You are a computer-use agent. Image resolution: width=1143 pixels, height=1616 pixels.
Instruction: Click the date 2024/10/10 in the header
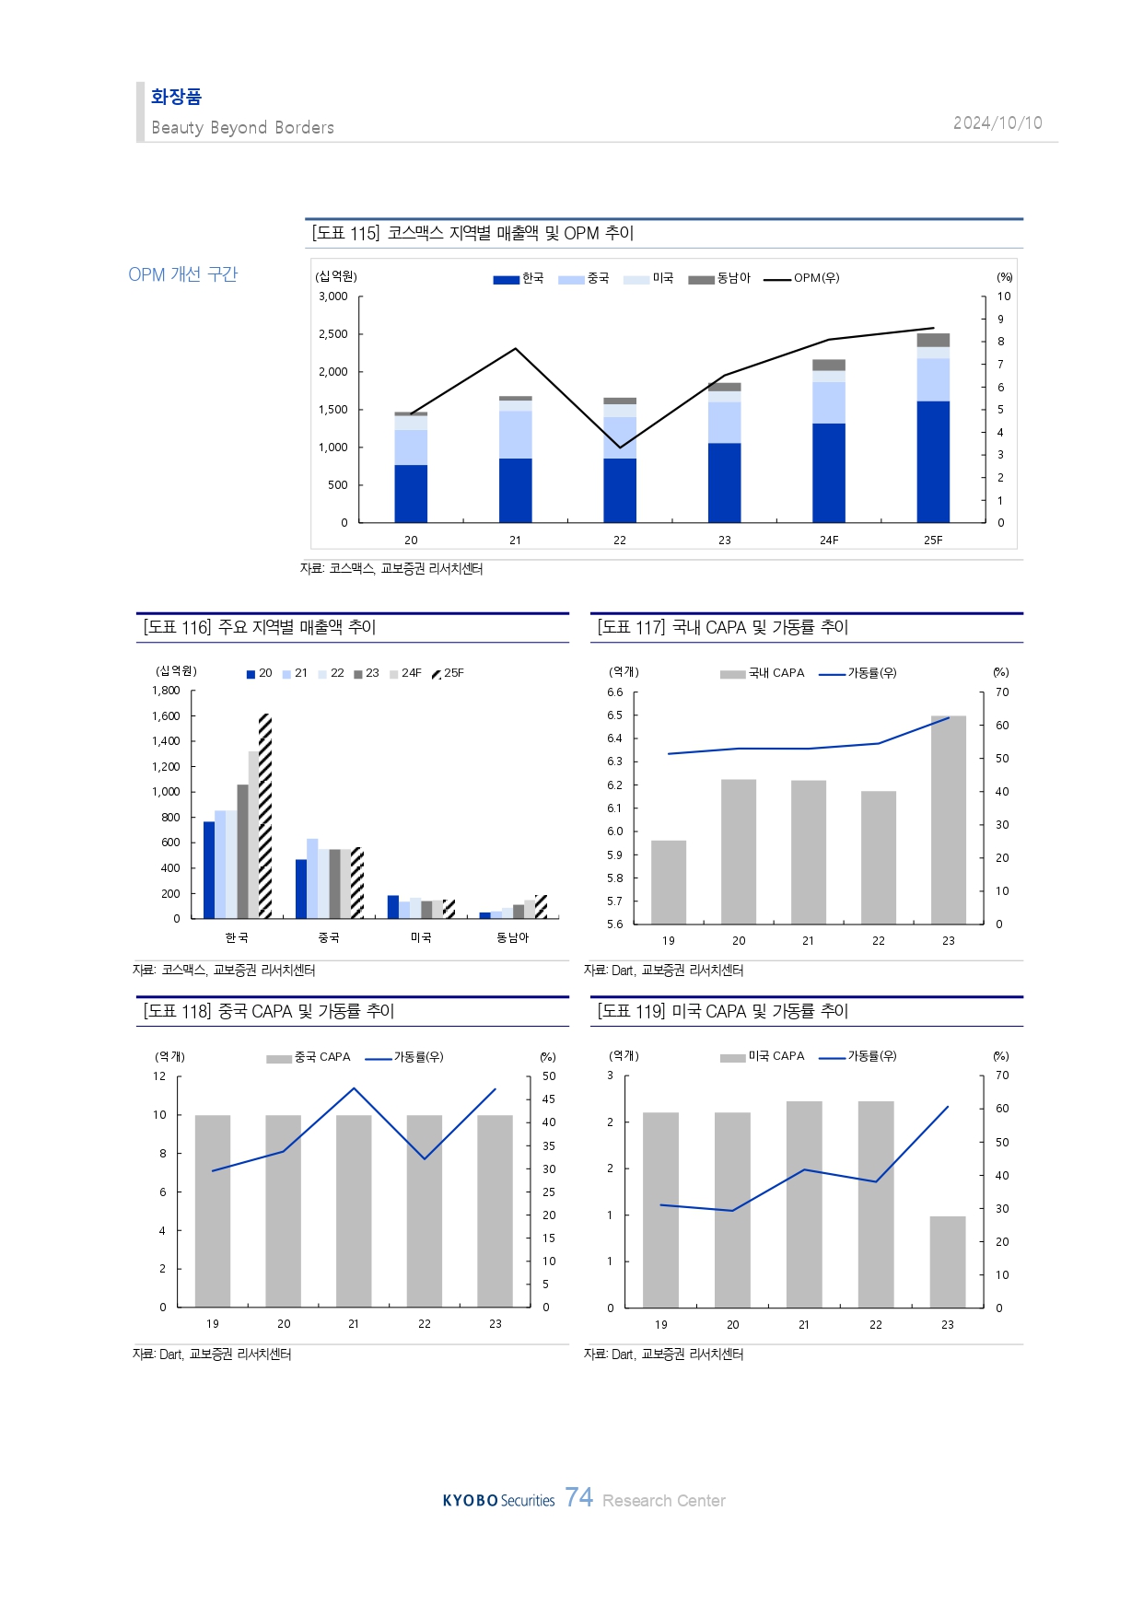(x=997, y=123)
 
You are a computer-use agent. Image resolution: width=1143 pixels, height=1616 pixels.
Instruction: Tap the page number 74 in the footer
(x=579, y=1497)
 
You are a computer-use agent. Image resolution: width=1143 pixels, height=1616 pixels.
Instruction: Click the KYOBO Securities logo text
(x=498, y=1501)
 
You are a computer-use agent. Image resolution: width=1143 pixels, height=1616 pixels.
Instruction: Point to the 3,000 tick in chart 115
(x=333, y=296)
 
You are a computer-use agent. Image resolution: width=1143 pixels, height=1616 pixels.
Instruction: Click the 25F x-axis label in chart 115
(x=933, y=541)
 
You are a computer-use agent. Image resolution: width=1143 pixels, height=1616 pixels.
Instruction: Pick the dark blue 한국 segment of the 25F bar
(x=933, y=460)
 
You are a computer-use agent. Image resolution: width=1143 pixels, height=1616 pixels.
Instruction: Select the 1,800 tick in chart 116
(x=166, y=691)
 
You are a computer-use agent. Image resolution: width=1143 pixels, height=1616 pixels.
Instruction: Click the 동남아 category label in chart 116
(x=513, y=937)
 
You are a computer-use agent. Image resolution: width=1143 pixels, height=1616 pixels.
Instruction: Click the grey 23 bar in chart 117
(x=949, y=820)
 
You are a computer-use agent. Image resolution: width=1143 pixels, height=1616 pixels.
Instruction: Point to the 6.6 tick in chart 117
(x=614, y=692)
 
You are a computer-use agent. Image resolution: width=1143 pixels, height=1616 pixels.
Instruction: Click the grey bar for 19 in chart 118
(x=213, y=1211)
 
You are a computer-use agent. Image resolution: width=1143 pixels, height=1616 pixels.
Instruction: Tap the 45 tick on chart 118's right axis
(x=549, y=1099)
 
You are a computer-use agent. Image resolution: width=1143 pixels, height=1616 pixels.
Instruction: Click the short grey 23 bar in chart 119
(x=948, y=1261)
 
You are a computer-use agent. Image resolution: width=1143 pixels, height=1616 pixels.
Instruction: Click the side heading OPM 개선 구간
(x=183, y=274)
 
